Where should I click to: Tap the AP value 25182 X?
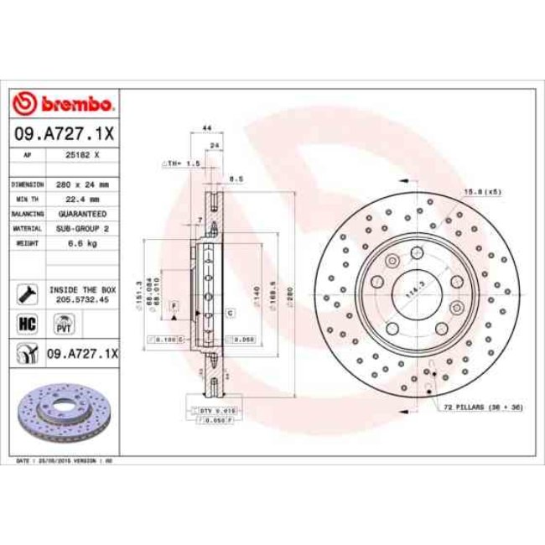[x=83, y=155]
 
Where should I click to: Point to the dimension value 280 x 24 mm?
[x=83, y=183]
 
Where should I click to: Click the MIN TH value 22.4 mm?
[x=83, y=199]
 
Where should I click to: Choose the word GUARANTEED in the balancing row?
[x=83, y=214]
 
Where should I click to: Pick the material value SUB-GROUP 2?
[x=83, y=228]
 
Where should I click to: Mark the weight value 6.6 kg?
[x=83, y=243]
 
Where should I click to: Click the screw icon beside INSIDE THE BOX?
[x=25, y=293]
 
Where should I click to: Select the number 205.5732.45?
[x=83, y=298]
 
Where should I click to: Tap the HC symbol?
[x=25, y=323]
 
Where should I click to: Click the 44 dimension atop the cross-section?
[x=206, y=127]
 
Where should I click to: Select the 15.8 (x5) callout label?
[x=483, y=192]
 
